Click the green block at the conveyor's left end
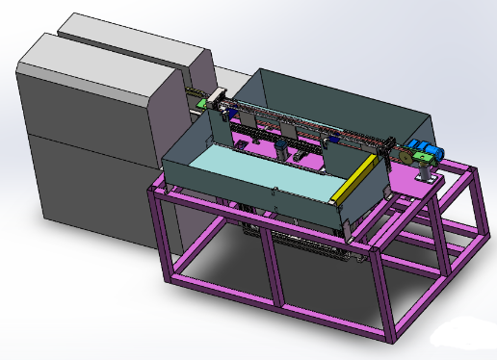203,104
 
